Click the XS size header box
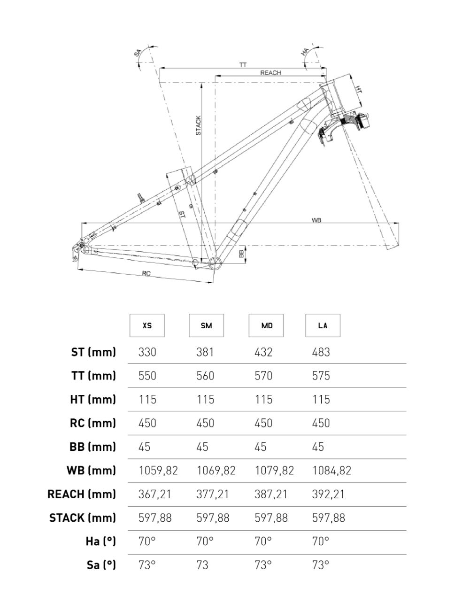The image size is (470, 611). click(147, 325)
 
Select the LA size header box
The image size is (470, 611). click(323, 325)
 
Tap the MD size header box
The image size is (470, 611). click(266, 325)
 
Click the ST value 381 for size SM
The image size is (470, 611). click(205, 352)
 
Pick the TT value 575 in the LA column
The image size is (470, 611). click(321, 376)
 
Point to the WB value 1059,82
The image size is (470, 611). click(158, 471)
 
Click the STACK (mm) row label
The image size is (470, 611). click(83, 518)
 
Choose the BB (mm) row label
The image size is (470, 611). click(92, 447)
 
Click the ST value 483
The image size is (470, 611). click(321, 352)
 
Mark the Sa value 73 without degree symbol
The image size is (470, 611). click(202, 565)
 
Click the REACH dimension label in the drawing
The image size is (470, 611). click(270, 73)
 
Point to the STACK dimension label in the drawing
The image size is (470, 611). click(199, 125)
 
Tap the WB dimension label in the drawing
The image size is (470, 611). click(316, 220)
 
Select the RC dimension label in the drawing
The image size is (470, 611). click(146, 273)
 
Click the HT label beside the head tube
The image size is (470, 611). click(358, 89)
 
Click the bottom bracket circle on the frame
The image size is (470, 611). click(215, 263)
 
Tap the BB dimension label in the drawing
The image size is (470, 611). click(241, 254)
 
